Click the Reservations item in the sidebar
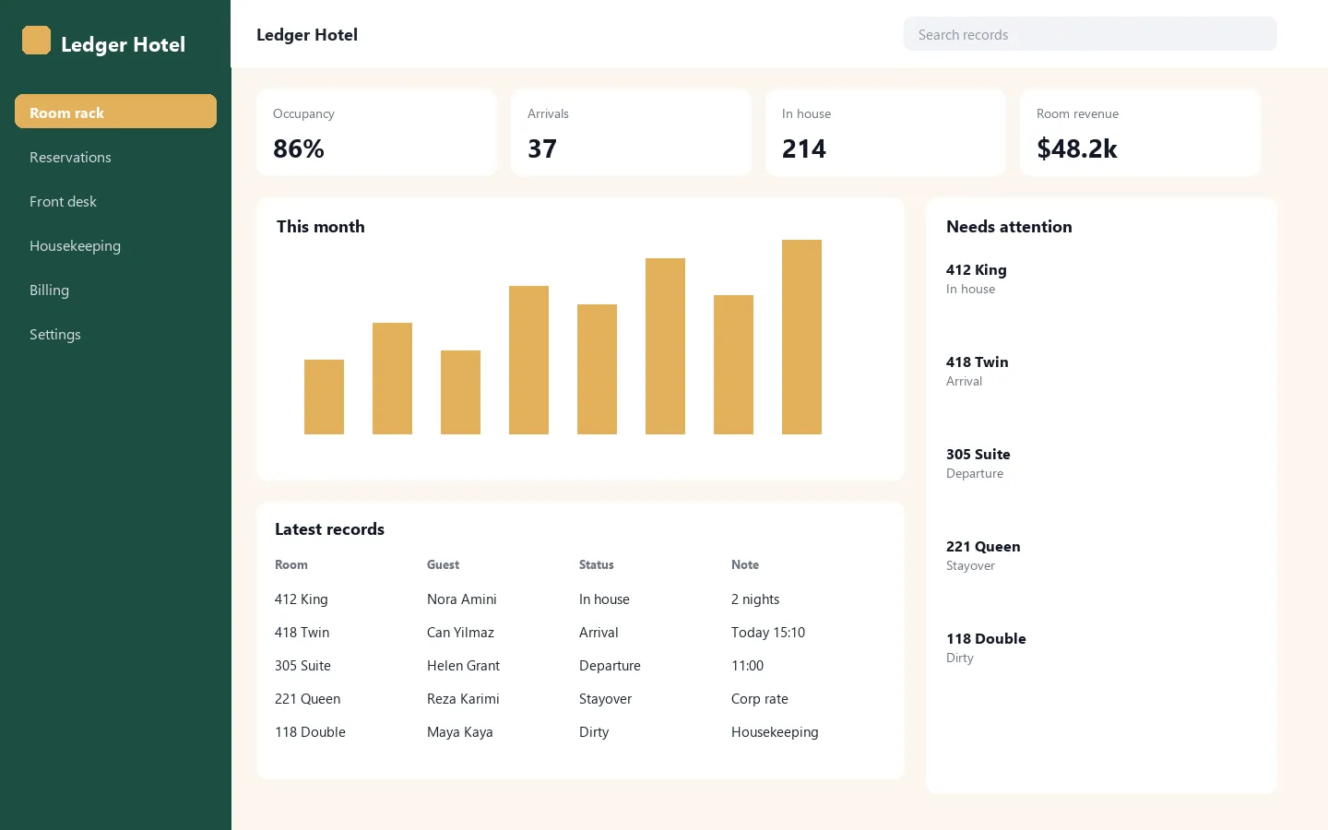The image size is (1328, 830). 70,157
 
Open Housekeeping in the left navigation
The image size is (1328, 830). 75,246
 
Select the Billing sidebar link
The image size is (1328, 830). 49,290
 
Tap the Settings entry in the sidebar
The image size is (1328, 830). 55,335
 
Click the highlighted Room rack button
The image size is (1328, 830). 115,112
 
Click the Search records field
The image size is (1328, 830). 1090,34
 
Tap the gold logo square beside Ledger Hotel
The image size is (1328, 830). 36,41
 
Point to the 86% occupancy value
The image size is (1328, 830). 298,148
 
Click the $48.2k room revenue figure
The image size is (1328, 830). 1076,148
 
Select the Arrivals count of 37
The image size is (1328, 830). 542,148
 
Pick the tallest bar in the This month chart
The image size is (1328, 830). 801,337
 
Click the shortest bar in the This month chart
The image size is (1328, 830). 324,397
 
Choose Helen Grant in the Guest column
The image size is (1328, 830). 463,666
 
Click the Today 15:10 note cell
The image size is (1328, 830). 767,633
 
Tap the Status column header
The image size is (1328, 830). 597,564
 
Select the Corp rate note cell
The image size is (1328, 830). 760,699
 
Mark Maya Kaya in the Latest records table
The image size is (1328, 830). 459,732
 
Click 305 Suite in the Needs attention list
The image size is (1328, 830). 978,454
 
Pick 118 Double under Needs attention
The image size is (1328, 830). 986,638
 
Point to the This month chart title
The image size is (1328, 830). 320,227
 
